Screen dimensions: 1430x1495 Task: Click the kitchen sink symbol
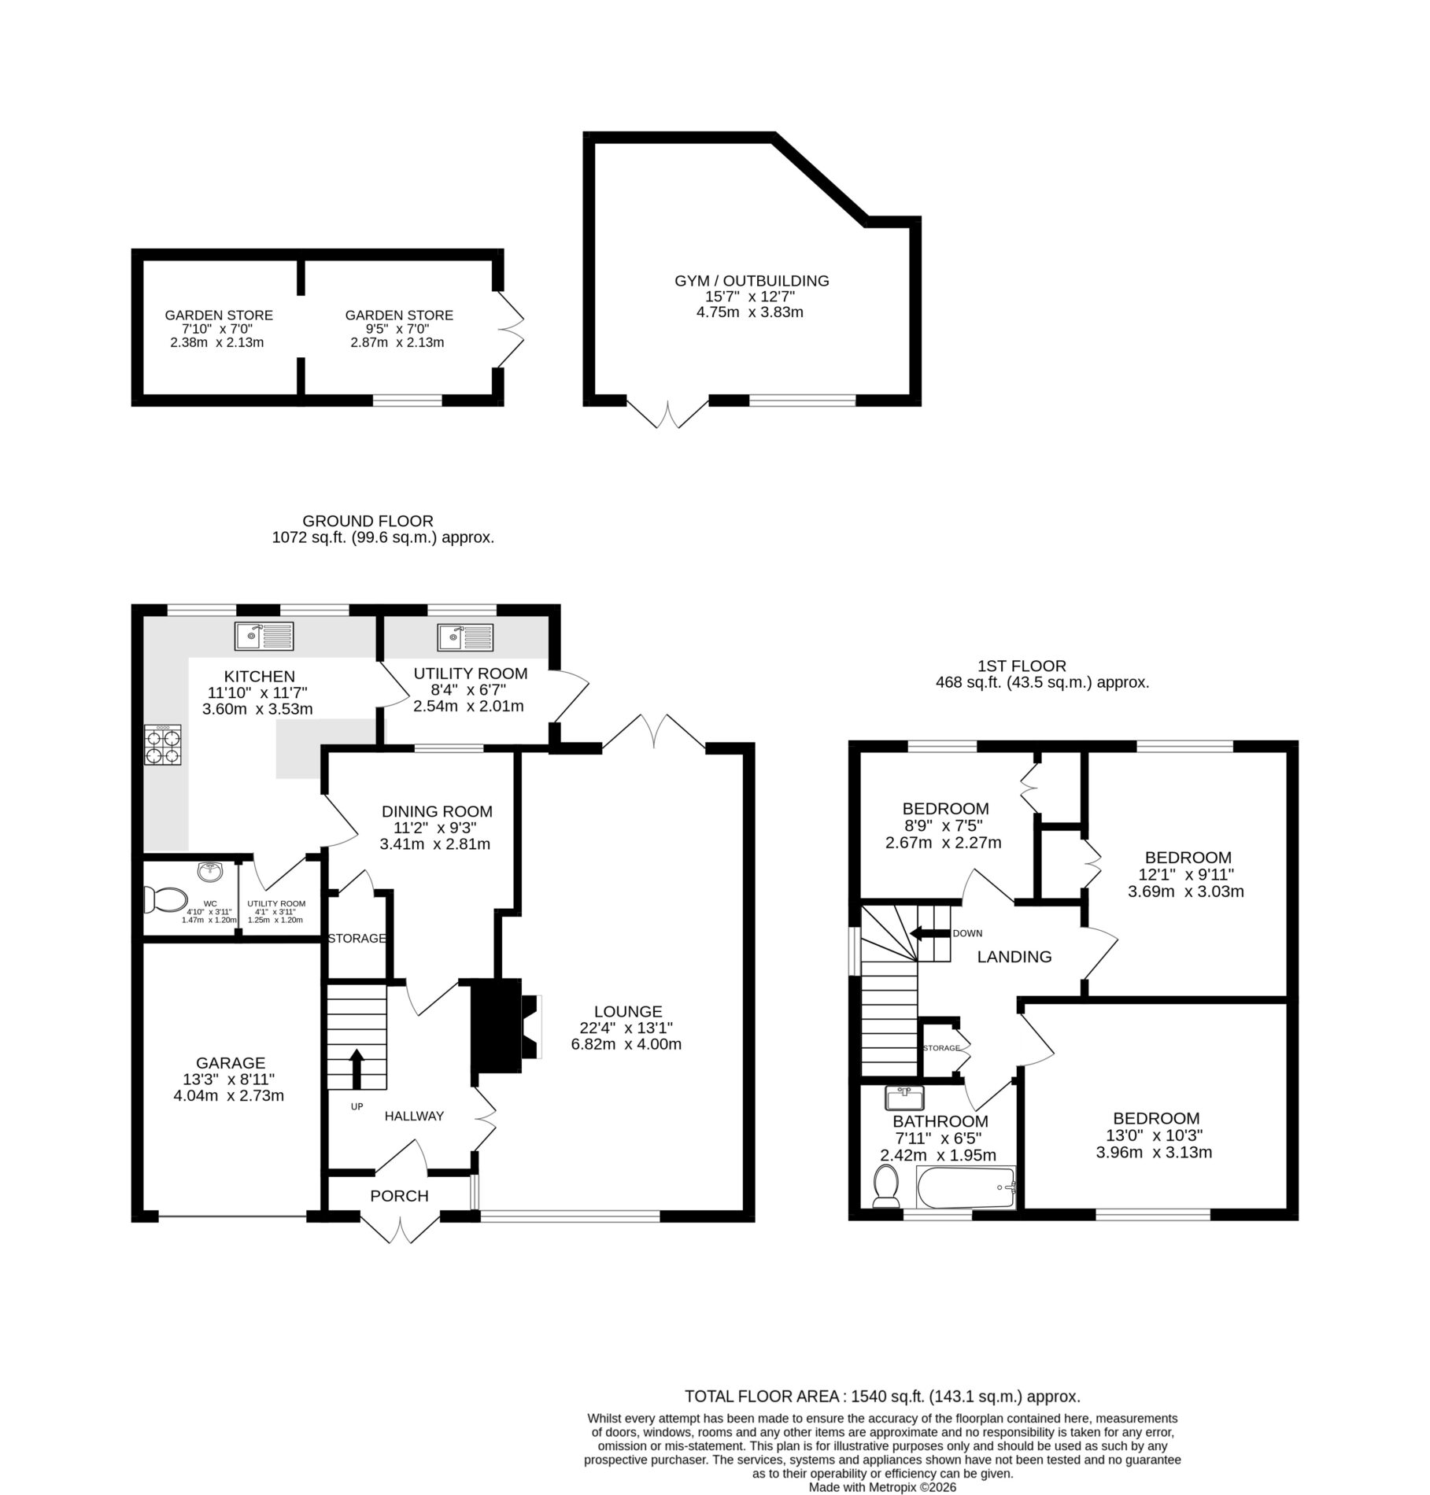[264, 636]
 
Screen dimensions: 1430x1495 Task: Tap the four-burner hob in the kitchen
[163, 744]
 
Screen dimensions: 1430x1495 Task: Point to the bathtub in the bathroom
[967, 1188]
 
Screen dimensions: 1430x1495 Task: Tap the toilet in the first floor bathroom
[887, 1187]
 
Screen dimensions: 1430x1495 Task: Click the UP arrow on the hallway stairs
[357, 1067]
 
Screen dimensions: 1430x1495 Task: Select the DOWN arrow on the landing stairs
[929, 933]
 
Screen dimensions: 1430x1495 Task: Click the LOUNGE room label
[628, 1012]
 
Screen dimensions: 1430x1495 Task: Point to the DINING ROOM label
[437, 811]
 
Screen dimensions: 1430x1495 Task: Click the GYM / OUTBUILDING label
[752, 280]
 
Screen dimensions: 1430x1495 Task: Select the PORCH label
[399, 1196]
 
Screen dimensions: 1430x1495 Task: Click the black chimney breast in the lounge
[496, 1026]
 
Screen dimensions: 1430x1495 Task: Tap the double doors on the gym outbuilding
[668, 414]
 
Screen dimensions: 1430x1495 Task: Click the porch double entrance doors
[401, 1228]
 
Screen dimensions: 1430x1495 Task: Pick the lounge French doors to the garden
[654, 732]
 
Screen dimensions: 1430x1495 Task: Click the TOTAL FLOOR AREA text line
[882, 1375]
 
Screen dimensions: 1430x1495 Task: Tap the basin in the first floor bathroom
[909, 1096]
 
